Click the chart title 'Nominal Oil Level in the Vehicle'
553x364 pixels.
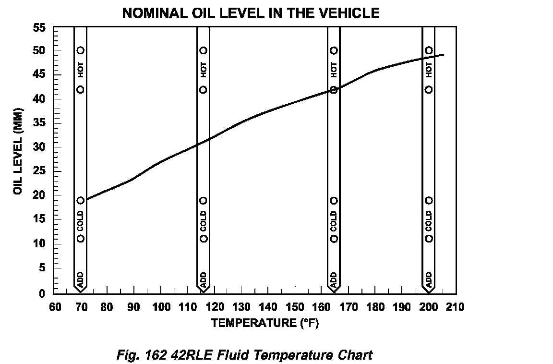[251, 13]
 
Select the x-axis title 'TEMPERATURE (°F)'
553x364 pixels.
[265, 323]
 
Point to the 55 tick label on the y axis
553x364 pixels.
[39, 28]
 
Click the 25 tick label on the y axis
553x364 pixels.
[39, 171]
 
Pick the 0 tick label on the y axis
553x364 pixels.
[42, 293]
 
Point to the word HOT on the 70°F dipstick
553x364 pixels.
[81, 70]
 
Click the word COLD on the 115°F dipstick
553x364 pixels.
[204, 220]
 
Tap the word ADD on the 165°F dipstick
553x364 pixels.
[334, 279]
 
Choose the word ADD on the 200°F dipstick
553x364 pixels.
[429, 279]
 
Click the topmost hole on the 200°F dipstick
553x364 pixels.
[429, 50]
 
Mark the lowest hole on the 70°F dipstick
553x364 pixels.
[81, 238]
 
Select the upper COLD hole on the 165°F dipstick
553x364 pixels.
[334, 201]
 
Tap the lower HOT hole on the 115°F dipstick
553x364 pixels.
[204, 89]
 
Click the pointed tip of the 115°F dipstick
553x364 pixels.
[204, 291]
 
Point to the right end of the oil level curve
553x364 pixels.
[443, 55]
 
